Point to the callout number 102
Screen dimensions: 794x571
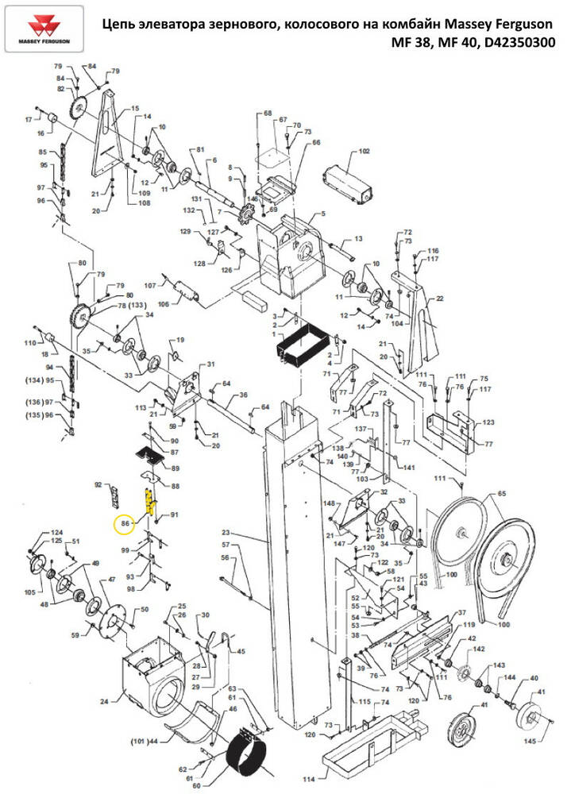tap(365, 151)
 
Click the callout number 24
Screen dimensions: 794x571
tap(104, 701)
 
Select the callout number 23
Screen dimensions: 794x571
tap(226, 533)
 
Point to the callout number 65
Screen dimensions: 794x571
tap(501, 494)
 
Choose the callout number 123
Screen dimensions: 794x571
tap(488, 422)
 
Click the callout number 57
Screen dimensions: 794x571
tap(226, 545)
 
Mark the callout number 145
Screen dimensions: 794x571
tap(530, 741)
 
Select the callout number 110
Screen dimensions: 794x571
tap(30, 343)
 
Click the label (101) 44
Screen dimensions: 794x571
tap(144, 741)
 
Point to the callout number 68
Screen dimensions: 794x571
tap(268, 114)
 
